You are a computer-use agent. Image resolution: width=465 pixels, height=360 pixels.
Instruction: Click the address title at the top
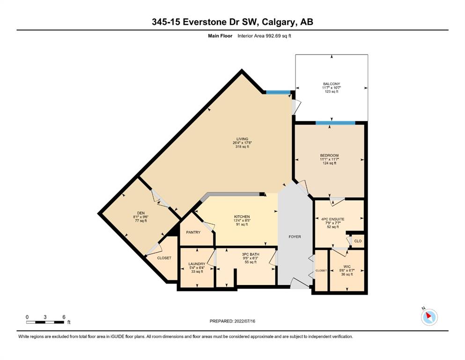coord(232,22)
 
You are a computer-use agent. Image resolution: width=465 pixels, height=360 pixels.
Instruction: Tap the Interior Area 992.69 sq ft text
coord(264,36)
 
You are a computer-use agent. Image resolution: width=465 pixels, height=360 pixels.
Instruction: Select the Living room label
coord(242,139)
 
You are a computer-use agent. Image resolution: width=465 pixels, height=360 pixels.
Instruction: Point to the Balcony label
coord(332,84)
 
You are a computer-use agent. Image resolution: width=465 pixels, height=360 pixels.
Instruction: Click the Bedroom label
coord(329,156)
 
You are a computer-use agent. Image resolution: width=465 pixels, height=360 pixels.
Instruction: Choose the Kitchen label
coord(242,217)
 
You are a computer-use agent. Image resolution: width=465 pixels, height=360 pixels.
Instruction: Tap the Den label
coord(141,213)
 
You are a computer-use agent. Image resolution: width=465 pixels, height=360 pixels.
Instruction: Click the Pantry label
coord(193,232)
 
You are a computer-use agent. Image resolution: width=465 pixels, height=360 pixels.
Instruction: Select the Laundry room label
coord(197,264)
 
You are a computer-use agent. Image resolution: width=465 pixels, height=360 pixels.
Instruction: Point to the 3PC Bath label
coord(251,255)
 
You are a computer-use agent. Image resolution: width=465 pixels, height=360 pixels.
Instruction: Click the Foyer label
coord(295,237)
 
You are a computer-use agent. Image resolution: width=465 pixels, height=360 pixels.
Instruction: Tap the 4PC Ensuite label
coord(333,219)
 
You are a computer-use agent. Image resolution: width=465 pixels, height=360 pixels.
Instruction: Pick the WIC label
coord(347,267)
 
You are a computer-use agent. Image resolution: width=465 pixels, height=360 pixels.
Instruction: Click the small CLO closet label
coord(358,241)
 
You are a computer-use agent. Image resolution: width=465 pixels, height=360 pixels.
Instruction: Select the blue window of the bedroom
coord(335,123)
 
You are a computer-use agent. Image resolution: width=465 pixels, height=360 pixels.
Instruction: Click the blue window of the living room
coord(278,92)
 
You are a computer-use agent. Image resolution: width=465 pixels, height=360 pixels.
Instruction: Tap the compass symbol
coord(429,317)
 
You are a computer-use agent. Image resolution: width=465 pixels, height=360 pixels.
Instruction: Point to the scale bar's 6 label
coord(64,317)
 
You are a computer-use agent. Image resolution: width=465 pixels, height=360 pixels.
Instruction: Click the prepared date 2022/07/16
coord(244,321)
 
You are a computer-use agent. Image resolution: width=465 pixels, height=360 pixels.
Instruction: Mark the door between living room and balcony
coord(296,107)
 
